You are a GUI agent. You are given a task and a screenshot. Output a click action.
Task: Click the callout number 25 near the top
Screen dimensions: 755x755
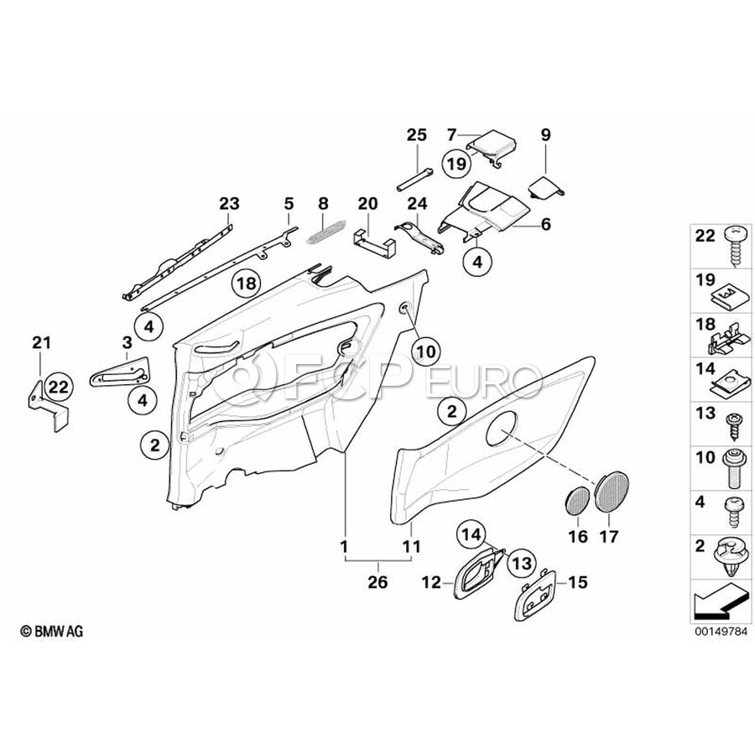click(417, 135)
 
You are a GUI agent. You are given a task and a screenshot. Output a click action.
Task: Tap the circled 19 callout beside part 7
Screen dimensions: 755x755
click(456, 164)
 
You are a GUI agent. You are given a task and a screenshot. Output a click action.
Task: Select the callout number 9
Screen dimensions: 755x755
click(545, 134)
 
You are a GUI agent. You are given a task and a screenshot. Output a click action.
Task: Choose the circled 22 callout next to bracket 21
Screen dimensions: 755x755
click(59, 386)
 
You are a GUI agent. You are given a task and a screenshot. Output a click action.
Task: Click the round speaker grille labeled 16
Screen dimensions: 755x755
click(576, 501)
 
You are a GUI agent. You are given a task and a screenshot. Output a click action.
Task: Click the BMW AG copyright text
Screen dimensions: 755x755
click(52, 631)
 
